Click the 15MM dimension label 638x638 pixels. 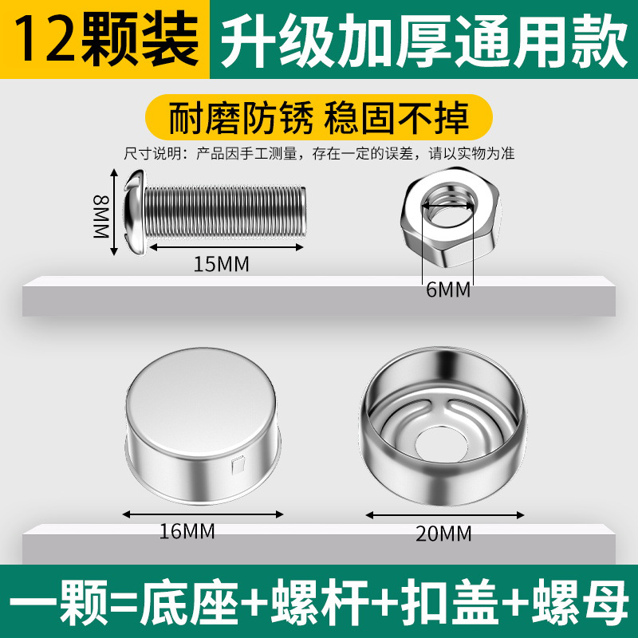click(221, 264)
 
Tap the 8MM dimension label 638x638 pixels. click(101, 216)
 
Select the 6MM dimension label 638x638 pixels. click(448, 289)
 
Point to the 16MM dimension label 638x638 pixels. click(187, 531)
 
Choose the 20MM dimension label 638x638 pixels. click(443, 534)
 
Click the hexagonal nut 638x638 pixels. click(450, 216)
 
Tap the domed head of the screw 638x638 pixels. click(135, 212)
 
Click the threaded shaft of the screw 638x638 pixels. click(225, 212)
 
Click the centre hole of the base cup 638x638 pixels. click(441, 444)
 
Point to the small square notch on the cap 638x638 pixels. click(238, 466)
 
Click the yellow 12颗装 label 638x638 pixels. click(105, 39)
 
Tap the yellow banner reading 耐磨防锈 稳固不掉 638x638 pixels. click(318, 117)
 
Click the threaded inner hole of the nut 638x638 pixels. click(448, 205)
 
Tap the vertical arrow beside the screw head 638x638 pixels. click(114, 212)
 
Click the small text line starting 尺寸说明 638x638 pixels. click(320, 154)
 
